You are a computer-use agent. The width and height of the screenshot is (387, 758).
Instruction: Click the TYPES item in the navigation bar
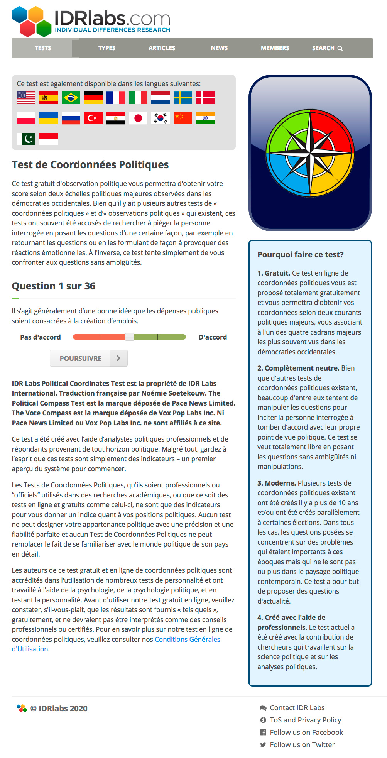click(107, 48)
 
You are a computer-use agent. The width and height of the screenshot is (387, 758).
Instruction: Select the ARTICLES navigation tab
click(162, 48)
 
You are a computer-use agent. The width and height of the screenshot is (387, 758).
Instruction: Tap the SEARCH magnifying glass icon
click(340, 48)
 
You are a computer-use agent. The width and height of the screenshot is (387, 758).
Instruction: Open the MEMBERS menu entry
click(275, 48)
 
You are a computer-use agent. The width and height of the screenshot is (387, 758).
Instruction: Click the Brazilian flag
click(71, 98)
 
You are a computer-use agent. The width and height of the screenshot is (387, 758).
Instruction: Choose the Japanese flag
click(138, 118)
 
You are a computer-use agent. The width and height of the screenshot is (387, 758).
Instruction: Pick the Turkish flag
click(93, 118)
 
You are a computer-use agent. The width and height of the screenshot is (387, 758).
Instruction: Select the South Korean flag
click(161, 118)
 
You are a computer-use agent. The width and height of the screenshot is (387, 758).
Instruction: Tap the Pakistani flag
click(26, 139)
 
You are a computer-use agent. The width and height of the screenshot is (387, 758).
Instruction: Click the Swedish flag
click(183, 98)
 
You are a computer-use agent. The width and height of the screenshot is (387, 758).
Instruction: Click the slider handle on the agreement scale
click(130, 337)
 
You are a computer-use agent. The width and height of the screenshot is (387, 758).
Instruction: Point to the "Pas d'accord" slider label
click(41, 337)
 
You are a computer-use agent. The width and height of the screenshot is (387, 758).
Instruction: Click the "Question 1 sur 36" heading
click(54, 286)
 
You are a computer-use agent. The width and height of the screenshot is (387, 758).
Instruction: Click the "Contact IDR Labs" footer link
click(297, 707)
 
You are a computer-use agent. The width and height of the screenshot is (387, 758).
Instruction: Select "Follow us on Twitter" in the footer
click(302, 744)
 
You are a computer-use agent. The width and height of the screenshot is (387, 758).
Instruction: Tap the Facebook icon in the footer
click(263, 732)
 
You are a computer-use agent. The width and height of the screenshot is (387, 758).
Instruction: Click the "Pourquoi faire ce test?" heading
click(301, 255)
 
